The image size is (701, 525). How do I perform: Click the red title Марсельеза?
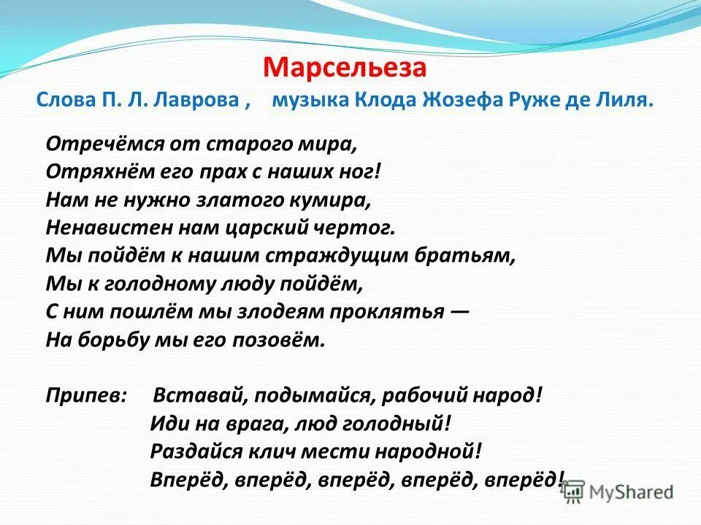344,68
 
